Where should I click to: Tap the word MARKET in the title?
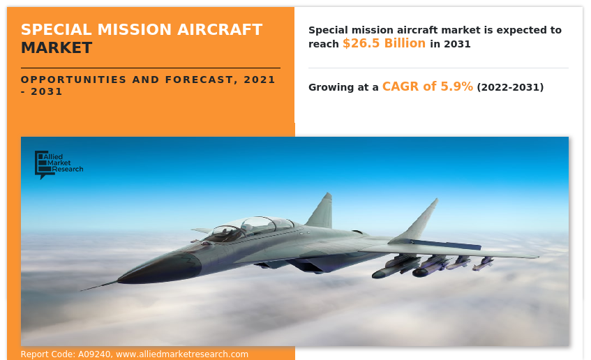pos(57,48)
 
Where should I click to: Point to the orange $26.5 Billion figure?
pos(384,43)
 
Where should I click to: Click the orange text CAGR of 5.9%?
pos(427,87)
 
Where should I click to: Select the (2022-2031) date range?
pos(510,87)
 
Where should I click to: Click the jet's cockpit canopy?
pos(251,227)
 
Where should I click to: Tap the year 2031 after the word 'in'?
pos(457,44)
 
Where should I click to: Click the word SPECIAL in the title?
pos(55,30)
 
